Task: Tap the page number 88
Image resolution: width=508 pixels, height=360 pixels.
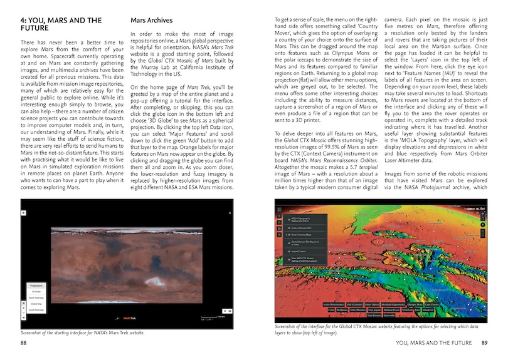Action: [x=23, y=343]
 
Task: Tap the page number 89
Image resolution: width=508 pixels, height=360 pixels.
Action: [x=484, y=343]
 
